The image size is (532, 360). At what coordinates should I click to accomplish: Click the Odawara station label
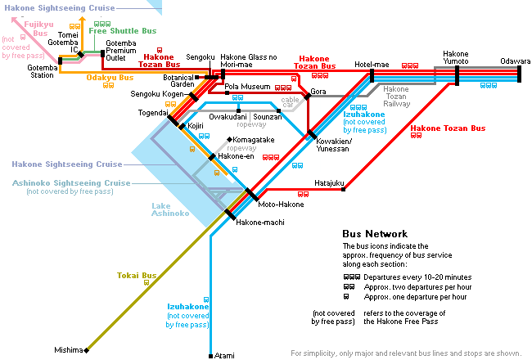tap(515, 61)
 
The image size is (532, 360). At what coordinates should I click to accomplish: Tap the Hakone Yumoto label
tap(456, 57)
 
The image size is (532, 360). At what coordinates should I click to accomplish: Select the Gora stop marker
tap(308, 97)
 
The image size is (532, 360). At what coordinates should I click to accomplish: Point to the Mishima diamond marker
tap(87, 350)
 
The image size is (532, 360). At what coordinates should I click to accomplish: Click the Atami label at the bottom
tap(224, 356)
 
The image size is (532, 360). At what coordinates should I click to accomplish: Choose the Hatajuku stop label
tap(329, 183)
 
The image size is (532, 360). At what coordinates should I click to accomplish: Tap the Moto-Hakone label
tap(281, 205)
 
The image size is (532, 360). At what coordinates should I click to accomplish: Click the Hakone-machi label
tap(260, 223)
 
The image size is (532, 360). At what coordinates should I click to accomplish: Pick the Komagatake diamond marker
tap(229, 139)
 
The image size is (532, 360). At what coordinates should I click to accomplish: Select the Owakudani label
tap(228, 117)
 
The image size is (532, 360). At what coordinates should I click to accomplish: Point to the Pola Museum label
tap(247, 87)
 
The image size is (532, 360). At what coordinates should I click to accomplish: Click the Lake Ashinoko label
tap(170, 209)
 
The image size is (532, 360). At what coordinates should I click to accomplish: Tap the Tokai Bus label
tap(137, 276)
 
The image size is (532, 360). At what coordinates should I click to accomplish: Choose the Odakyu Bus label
tap(110, 78)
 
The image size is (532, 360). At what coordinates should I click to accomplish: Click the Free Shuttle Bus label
tap(123, 31)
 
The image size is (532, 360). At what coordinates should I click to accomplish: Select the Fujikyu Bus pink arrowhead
tap(15, 20)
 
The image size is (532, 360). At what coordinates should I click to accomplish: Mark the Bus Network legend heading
tap(375, 234)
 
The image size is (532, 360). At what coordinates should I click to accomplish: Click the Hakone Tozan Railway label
tap(396, 97)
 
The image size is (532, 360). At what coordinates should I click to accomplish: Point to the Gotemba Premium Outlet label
tap(121, 51)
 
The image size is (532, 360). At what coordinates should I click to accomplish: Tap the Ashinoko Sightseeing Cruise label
tap(71, 183)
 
